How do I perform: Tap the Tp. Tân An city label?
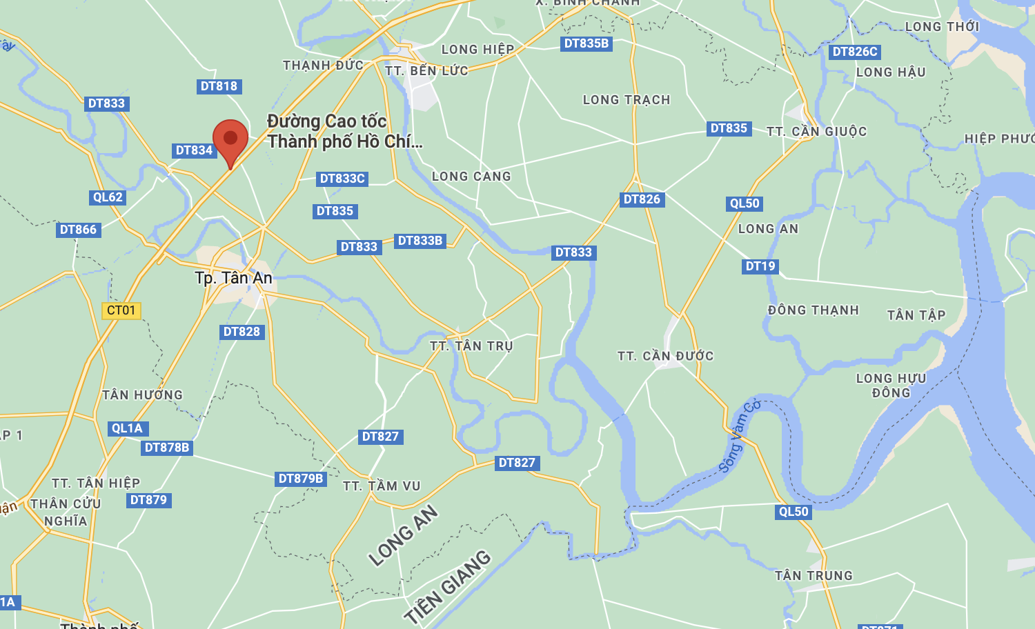[x=233, y=278]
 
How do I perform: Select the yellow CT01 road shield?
[x=121, y=310]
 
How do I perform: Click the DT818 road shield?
[x=219, y=86]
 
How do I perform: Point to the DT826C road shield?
[x=855, y=52]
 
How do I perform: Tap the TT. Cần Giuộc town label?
[x=816, y=131]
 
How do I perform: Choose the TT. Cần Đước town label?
[x=665, y=356]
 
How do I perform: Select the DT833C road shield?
[x=342, y=179]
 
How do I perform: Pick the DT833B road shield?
[x=420, y=241]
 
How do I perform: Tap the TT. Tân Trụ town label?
[x=471, y=346]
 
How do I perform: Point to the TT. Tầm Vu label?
[x=382, y=486]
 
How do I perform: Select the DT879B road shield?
[x=300, y=479]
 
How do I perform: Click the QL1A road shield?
[x=127, y=428]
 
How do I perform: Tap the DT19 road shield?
[x=760, y=266]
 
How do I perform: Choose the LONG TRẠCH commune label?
[x=627, y=100]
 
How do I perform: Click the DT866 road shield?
[x=78, y=230]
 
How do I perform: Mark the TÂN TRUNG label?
[x=814, y=575]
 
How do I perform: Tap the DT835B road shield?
[x=586, y=43]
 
